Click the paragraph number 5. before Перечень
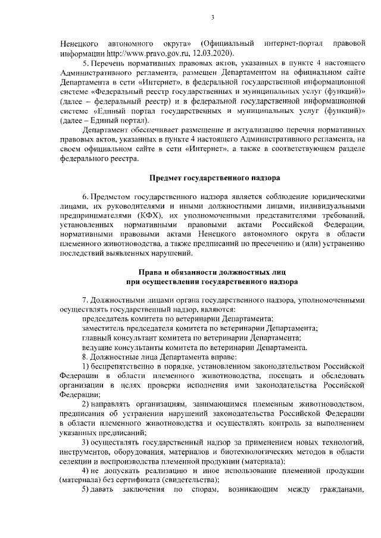(x=86, y=64)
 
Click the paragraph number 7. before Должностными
(x=86, y=300)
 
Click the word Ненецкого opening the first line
(x=80, y=44)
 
